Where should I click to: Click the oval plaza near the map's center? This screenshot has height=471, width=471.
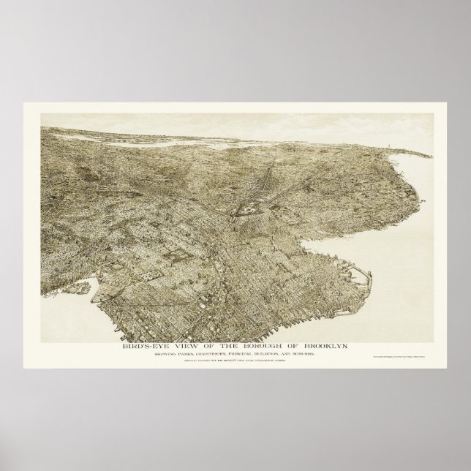pyautogui.click(x=241, y=213)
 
